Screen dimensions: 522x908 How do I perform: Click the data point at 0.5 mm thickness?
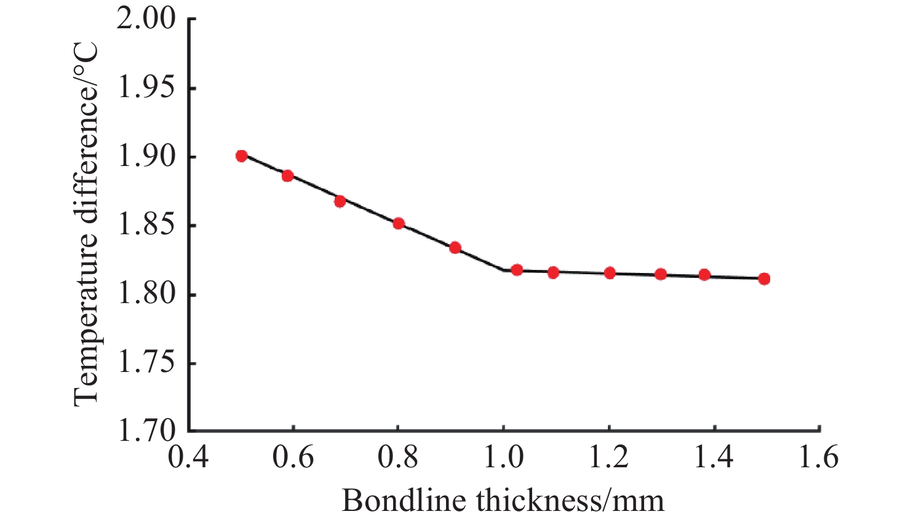point(241,156)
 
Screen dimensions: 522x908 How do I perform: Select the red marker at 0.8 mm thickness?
point(399,223)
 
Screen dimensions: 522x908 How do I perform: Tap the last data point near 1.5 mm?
point(764,279)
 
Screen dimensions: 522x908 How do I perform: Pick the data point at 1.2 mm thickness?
point(610,273)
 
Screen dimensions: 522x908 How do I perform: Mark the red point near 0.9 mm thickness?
point(455,248)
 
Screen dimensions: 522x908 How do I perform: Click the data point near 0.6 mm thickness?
point(287,176)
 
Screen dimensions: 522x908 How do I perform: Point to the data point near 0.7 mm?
point(340,201)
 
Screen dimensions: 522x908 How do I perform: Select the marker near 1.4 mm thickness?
point(704,275)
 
